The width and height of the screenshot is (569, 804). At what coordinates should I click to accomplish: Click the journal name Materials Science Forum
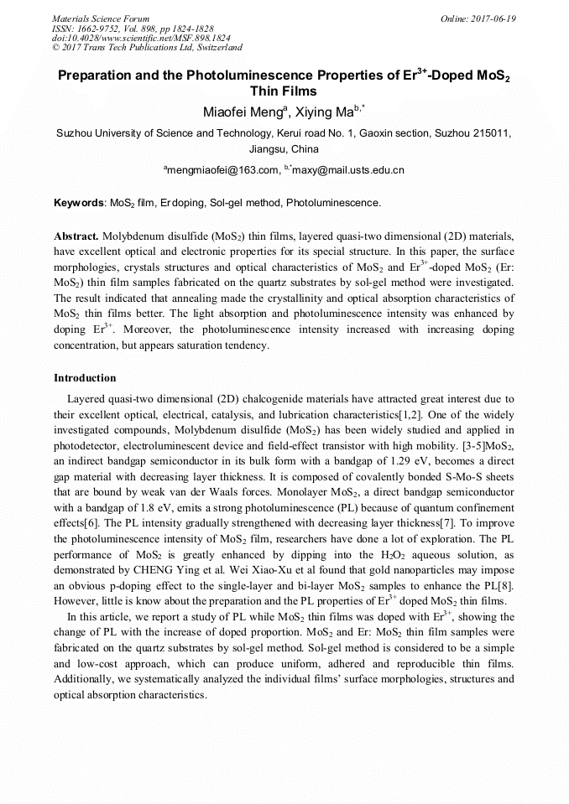click(x=101, y=18)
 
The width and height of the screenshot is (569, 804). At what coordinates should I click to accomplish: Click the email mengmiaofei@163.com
click(x=223, y=170)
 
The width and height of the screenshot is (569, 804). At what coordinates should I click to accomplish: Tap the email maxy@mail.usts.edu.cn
click(x=348, y=170)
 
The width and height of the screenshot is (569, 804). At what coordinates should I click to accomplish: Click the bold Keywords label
click(x=79, y=203)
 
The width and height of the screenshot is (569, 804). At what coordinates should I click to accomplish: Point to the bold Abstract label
click(x=77, y=236)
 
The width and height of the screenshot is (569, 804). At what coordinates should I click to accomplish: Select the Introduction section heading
click(x=85, y=378)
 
